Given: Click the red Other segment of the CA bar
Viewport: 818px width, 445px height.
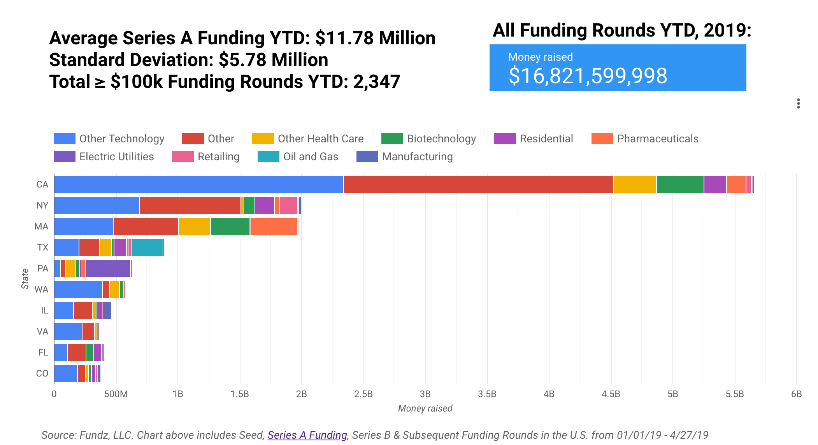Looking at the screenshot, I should pos(478,184).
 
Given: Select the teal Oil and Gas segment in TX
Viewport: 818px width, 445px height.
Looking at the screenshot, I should pos(147,247).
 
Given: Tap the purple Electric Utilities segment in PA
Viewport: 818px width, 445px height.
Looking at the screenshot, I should pos(108,268).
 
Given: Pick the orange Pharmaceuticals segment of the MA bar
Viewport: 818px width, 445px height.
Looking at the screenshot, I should pos(274,226).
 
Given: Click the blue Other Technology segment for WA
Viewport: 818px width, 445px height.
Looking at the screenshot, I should pos(78,289).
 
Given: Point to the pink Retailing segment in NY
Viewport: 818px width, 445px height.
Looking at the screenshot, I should pos(288,205).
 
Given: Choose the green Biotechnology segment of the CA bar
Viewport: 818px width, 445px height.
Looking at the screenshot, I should pos(680,184).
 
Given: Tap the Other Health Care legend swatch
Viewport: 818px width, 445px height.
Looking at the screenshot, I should pos(263,139).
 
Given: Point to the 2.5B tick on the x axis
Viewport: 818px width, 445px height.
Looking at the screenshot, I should pos(363,394).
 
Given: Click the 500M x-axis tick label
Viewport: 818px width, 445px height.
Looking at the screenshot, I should pos(116,394).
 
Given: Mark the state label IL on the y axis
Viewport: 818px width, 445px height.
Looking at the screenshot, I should pos(44,310).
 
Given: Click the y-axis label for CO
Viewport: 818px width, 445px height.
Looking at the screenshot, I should pos(42,373).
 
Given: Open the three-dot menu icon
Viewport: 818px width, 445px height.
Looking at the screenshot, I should pos(798,103).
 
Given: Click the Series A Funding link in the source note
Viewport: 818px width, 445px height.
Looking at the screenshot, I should pos(307,435).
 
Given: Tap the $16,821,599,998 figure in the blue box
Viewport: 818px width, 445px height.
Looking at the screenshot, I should pos(588,76).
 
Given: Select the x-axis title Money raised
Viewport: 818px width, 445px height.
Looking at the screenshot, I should pos(425,408).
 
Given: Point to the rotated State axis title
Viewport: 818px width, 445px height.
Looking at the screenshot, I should pos(25,279).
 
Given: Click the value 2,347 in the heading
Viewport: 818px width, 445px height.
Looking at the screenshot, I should pos(376,82).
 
